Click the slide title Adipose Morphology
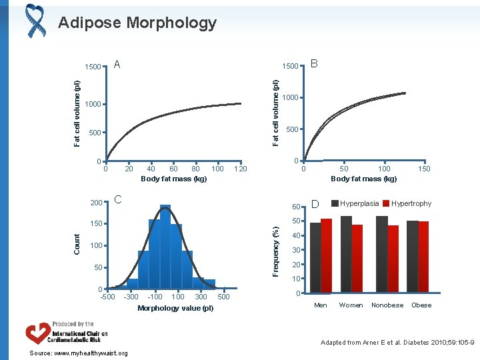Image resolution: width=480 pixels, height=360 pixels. tap(137, 23)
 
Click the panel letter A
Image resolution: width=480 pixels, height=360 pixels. tap(117, 64)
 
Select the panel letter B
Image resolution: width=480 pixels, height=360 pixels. tap(315, 64)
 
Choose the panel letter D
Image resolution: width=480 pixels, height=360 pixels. tap(316, 203)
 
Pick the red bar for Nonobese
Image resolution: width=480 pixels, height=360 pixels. tap(393, 259)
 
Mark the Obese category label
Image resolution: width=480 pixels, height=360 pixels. tap(421, 305)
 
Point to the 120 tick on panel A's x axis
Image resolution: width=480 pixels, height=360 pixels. tap(240, 169)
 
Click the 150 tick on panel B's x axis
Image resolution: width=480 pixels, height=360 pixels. tap(424, 169)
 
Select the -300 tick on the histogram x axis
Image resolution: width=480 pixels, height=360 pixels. tap(131, 297)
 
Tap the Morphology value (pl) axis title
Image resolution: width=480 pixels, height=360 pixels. tap(175, 308)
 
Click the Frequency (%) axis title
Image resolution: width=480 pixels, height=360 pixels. tap(275, 250)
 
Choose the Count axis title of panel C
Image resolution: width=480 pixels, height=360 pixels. tap(77, 242)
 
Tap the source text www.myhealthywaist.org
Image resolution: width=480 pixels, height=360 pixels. tap(70, 353)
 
